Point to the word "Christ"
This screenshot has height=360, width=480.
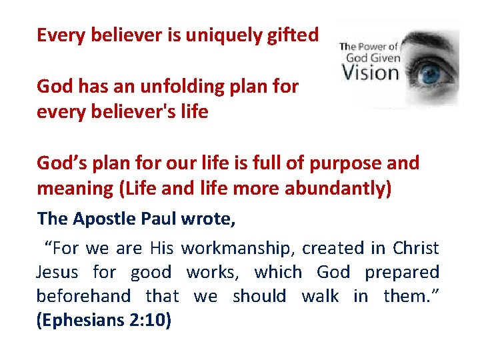point(415,249)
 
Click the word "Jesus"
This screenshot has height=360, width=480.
point(57,272)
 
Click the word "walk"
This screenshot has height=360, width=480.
point(320,295)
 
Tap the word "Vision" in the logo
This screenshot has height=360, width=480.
point(370,71)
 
